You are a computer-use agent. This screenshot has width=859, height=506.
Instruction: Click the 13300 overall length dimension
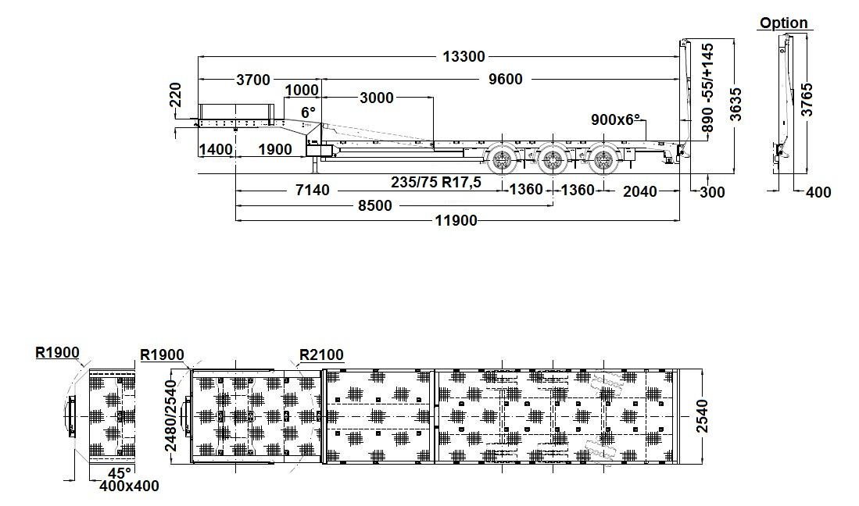(464, 56)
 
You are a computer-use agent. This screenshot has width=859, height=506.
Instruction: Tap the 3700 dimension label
(252, 80)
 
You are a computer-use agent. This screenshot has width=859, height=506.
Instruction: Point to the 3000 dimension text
(377, 98)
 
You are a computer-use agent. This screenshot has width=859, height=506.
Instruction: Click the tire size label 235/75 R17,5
(436, 183)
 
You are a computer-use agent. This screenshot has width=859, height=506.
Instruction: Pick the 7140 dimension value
(313, 190)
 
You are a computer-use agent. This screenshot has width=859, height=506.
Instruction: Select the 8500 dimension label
(375, 205)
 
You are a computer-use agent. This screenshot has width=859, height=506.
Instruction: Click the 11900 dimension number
(456, 221)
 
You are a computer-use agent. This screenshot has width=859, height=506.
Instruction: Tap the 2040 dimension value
(639, 191)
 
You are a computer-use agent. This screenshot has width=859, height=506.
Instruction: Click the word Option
(783, 23)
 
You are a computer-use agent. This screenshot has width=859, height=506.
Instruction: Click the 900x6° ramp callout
(616, 119)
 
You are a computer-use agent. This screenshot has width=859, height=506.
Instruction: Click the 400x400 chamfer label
(129, 486)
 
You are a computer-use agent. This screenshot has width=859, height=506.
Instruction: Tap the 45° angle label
(120, 472)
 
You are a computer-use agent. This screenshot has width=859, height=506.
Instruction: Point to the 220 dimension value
(174, 98)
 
